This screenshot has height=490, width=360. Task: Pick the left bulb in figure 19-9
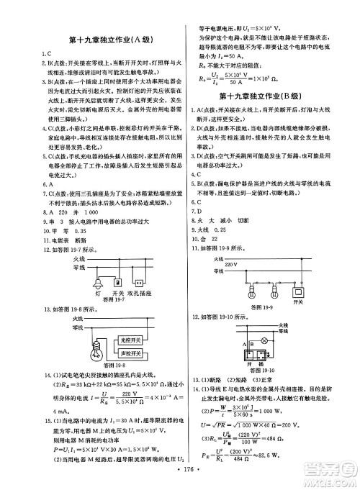click(253, 294)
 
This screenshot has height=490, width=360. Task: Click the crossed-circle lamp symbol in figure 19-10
click(263, 340)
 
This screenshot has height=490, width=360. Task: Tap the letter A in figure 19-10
click(246, 345)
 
